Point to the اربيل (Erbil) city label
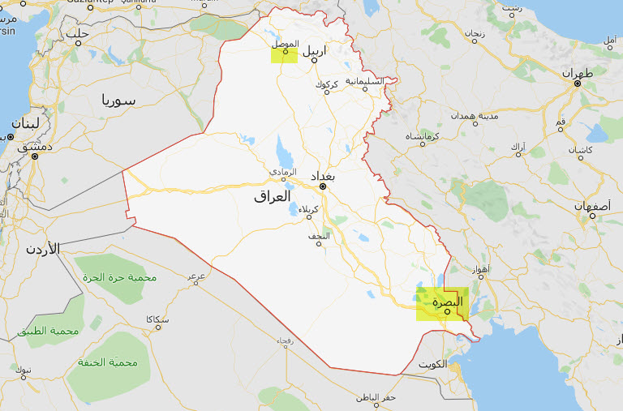click(314, 50)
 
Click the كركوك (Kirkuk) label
click(328, 83)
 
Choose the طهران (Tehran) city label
click(579, 73)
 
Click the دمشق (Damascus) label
click(33, 146)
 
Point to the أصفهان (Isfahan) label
click(591, 206)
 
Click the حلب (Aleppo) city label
click(78, 33)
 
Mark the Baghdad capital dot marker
click(323, 187)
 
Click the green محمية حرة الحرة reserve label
click(119, 277)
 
